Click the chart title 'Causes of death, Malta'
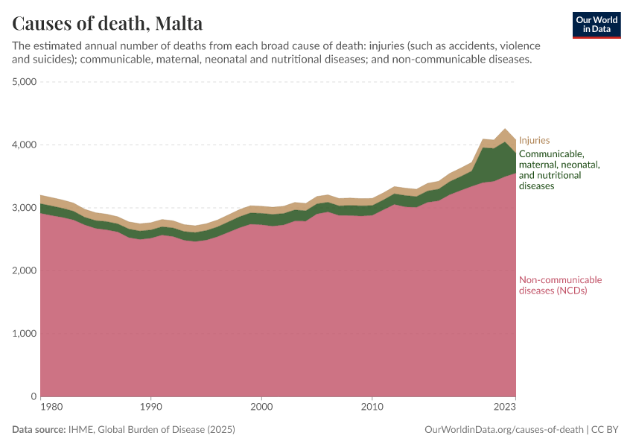(x=107, y=24)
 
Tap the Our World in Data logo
(x=597, y=25)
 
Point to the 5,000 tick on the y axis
(x=25, y=82)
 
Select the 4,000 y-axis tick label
(x=25, y=145)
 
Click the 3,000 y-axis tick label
(x=25, y=208)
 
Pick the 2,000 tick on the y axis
(x=25, y=270)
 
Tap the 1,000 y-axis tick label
(x=25, y=334)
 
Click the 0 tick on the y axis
(x=34, y=396)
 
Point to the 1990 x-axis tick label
(x=150, y=408)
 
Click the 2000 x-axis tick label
(x=261, y=408)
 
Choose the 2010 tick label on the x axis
(x=372, y=408)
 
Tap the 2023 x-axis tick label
(x=505, y=408)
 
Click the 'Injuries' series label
(x=534, y=140)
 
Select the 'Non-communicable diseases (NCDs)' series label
(x=559, y=285)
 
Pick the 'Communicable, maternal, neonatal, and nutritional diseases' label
(x=559, y=170)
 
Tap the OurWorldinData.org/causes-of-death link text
(x=503, y=430)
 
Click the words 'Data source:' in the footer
(x=39, y=430)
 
